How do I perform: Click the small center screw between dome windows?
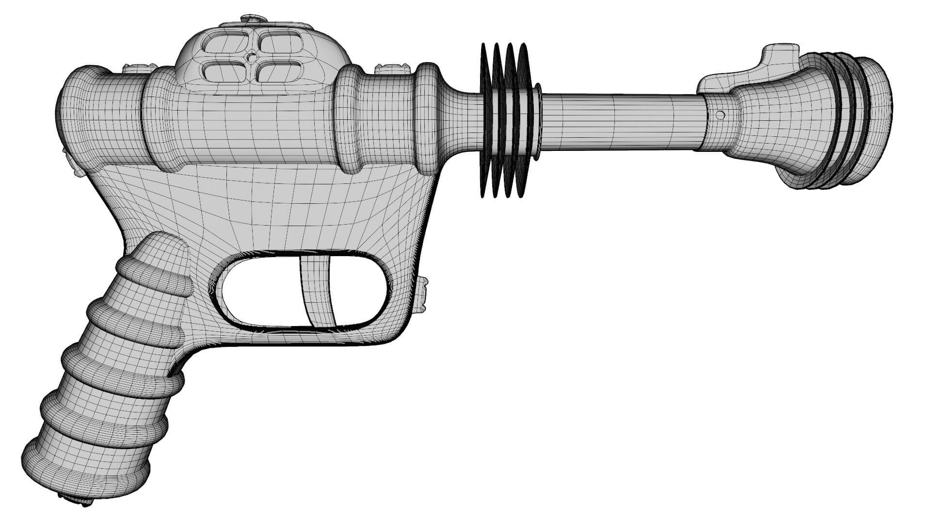point(251,58)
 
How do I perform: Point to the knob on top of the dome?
point(253,18)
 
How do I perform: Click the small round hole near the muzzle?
point(721,115)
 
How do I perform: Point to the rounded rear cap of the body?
point(78,116)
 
